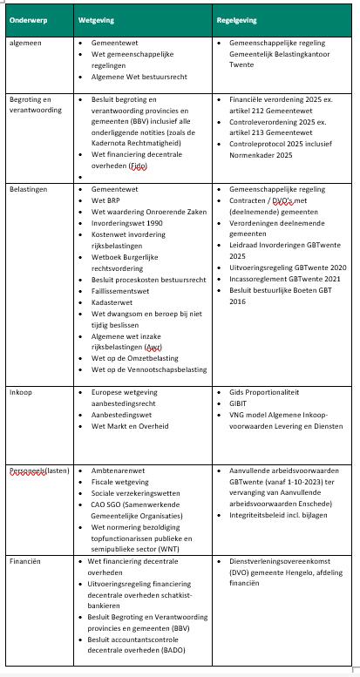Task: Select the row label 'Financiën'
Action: tap(25, 563)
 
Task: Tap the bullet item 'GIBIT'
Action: tap(240, 404)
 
